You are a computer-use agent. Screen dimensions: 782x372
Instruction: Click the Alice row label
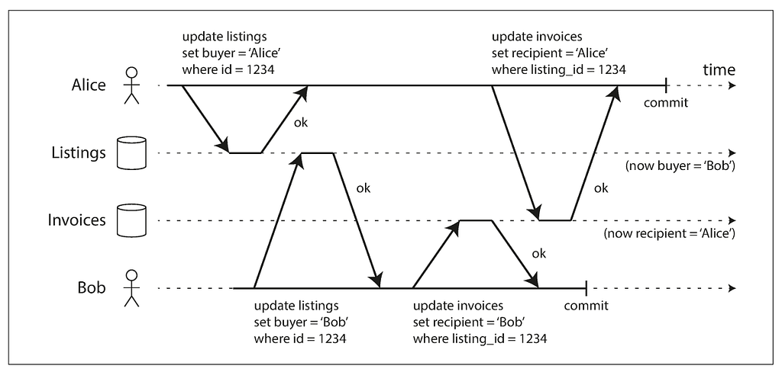click(x=89, y=85)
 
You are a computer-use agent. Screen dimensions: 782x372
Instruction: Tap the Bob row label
click(x=92, y=288)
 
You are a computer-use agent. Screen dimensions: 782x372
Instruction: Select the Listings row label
click(x=79, y=153)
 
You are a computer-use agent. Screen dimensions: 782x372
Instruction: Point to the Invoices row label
click(x=77, y=220)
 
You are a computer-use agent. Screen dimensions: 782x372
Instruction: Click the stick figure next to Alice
click(x=131, y=85)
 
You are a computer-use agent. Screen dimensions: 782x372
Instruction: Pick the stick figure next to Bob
click(x=131, y=288)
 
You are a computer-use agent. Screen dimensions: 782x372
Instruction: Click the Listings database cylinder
click(x=131, y=153)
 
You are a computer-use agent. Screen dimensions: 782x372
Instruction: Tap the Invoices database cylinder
click(x=131, y=220)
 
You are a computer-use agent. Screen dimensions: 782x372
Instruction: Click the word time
click(x=719, y=69)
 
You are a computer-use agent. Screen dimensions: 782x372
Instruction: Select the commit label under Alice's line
click(x=666, y=103)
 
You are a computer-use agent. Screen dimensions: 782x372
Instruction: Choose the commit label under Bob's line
click(x=586, y=305)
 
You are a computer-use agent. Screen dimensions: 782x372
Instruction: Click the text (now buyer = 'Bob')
click(x=680, y=166)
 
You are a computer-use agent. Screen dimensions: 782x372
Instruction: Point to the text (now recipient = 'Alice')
click(x=670, y=233)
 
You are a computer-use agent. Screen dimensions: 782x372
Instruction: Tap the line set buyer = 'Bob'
click(x=301, y=322)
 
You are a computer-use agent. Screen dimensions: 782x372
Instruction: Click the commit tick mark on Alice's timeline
click(x=666, y=85)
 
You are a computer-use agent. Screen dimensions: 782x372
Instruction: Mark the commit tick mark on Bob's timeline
click(x=586, y=288)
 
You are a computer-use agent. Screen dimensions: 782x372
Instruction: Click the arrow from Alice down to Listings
click(x=205, y=119)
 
